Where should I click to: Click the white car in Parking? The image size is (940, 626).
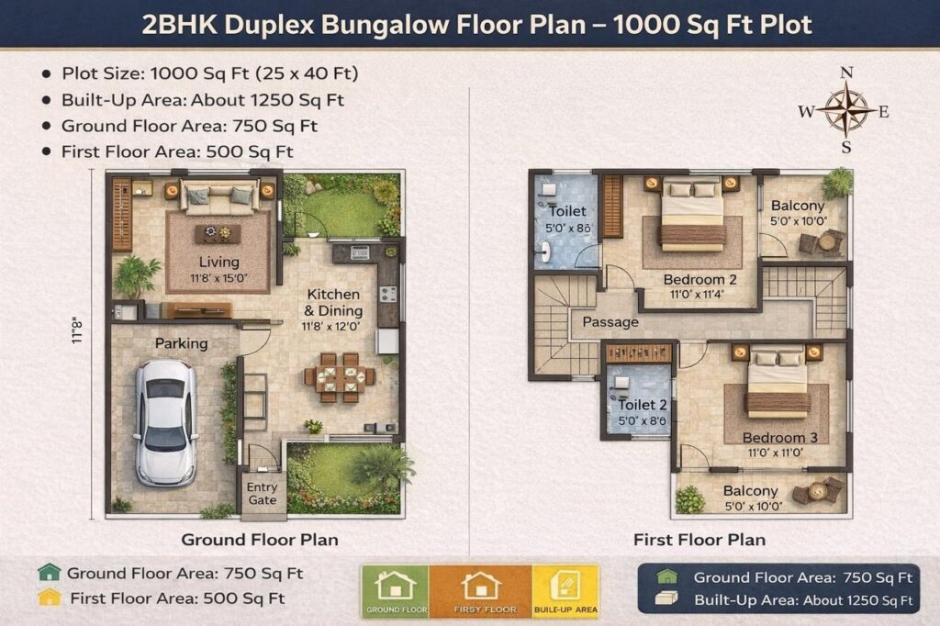coord(165,422)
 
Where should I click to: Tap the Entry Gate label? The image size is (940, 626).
coord(262,494)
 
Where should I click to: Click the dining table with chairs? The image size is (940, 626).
coord(340,377)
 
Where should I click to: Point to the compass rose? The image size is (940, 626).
coord(845,110)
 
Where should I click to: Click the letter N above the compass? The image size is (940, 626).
coord(846,73)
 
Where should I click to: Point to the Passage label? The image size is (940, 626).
coord(610,322)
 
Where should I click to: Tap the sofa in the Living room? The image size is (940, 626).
coord(219,196)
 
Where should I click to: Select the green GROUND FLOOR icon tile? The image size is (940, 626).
coord(396,591)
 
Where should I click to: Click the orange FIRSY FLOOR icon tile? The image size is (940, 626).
coord(481,591)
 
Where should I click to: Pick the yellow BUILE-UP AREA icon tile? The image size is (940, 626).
coord(565,591)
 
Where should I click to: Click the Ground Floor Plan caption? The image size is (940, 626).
coord(260,540)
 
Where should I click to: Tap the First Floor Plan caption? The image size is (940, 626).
coord(699,540)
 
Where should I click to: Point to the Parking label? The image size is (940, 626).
coord(181,343)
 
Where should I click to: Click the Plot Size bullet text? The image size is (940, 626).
coord(210,73)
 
